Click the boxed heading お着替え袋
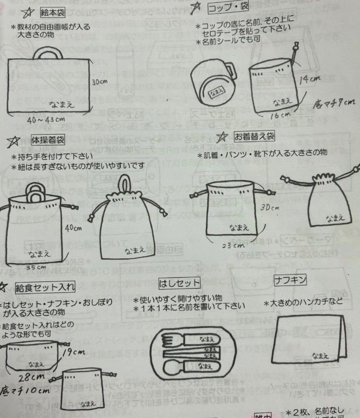tap(254, 135)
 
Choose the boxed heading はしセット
tap(187, 283)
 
